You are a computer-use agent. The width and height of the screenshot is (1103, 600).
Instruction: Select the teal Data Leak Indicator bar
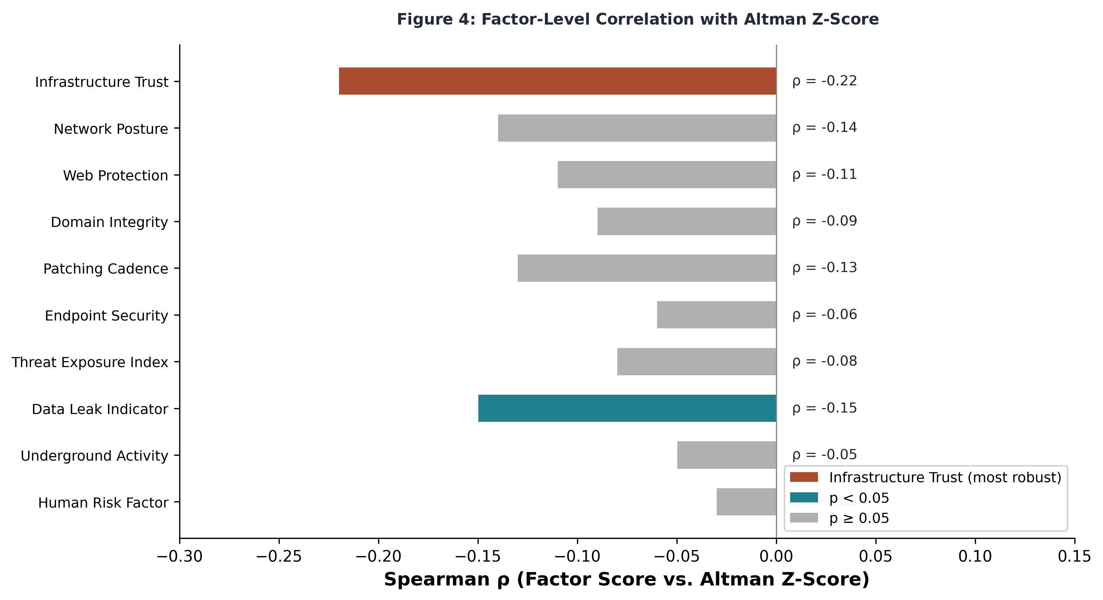pos(627,408)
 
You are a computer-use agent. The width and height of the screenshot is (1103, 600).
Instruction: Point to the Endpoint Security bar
pos(716,315)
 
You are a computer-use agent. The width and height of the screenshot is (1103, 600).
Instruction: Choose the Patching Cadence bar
pos(647,268)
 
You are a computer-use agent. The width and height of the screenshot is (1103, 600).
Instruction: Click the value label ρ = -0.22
pos(824,81)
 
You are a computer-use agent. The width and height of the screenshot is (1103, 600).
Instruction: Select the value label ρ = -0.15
pos(824,408)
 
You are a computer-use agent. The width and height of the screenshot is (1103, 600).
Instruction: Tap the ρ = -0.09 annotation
pos(824,221)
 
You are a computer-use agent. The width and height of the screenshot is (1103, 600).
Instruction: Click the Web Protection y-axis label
pos(115,176)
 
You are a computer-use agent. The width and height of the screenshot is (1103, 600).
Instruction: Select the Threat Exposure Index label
pos(89,362)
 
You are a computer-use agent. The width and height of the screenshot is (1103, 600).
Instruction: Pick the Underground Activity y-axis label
pos(94,456)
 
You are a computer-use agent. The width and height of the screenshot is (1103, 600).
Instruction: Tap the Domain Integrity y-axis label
pos(109,222)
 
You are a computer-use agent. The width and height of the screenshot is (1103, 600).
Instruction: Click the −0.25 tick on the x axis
pos(279,556)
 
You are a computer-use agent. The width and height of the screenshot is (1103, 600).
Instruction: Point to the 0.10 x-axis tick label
pos(975,556)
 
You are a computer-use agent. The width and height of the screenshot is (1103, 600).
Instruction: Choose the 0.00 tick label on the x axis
pos(776,556)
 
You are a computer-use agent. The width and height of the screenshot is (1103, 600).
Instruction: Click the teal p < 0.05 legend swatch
pos(804,498)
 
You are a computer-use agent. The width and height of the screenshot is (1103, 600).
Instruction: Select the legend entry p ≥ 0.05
pos(859,518)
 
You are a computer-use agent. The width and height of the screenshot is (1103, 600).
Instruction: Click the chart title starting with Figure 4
pos(638,20)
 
